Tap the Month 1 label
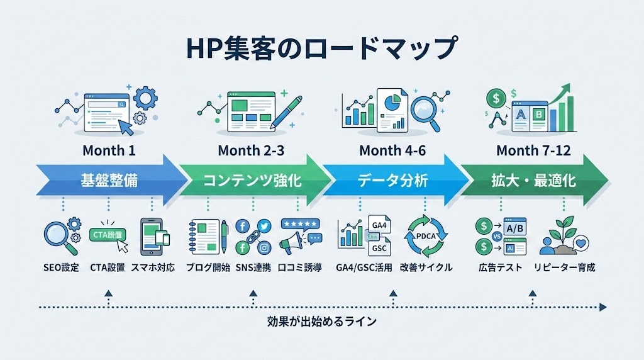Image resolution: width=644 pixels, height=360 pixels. pyautogui.click(x=109, y=151)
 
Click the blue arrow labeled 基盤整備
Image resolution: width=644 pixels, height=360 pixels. pyautogui.click(x=109, y=181)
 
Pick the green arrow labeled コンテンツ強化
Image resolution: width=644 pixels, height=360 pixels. pyautogui.click(x=252, y=181)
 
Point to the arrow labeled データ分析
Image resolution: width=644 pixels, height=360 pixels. pyautogui.click(x=392, y=181)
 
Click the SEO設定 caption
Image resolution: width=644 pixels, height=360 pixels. pyautogui.click(x=61, y=267)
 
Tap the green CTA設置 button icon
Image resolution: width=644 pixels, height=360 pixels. pyautogui.click(x=108, y=235)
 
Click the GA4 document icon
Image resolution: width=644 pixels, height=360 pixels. pyautogui.click(x=379, y=227)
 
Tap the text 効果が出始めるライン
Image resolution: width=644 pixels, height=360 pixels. pyautogui.click(x=321, y=322)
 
